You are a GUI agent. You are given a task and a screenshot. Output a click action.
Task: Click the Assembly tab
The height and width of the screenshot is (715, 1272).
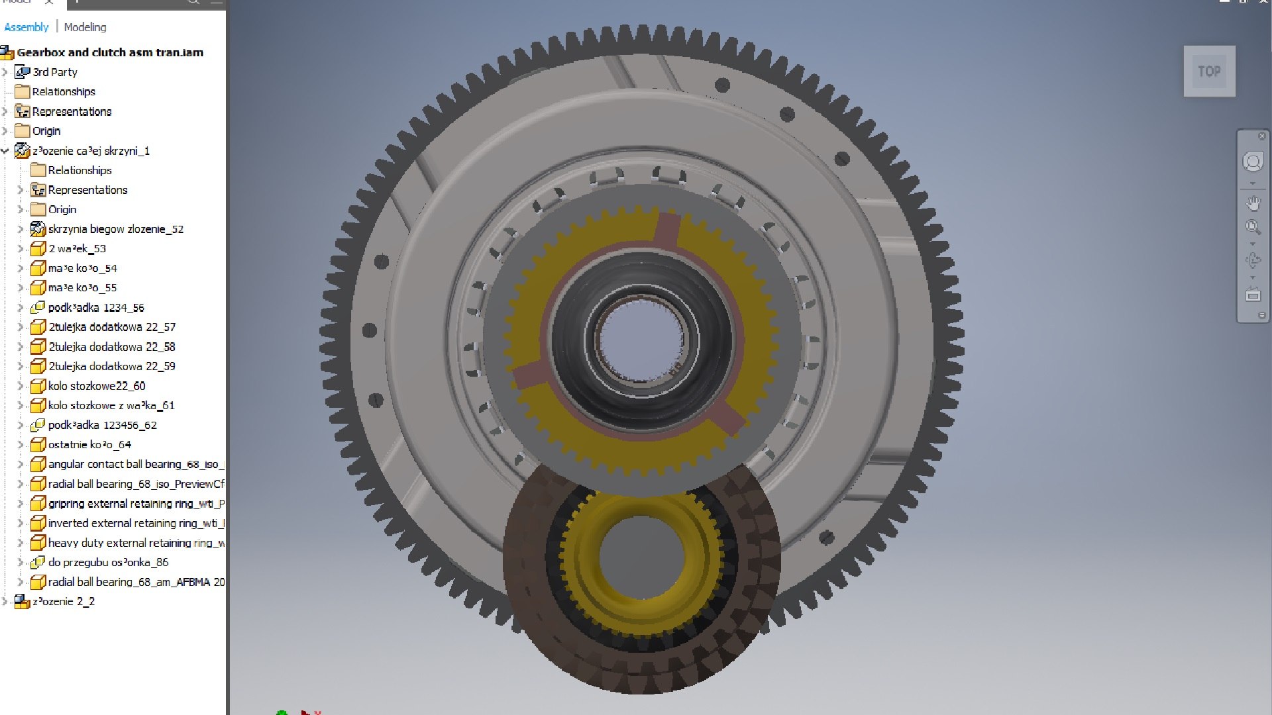pos(26,27)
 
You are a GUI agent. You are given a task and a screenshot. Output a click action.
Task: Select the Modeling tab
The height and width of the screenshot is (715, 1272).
pos(85,27)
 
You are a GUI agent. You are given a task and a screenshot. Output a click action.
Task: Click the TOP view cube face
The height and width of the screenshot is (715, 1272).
pos(1208,71)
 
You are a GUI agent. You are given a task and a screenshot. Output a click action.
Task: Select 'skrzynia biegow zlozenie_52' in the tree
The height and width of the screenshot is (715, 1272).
pos(115,229)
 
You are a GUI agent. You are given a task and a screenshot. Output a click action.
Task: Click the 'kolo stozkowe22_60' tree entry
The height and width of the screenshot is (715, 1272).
pos(96,386)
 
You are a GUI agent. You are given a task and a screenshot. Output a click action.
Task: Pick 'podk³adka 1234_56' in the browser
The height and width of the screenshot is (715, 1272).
pos(95,308)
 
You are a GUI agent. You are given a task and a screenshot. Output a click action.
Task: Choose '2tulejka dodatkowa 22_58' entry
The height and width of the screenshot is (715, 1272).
pos(111,347)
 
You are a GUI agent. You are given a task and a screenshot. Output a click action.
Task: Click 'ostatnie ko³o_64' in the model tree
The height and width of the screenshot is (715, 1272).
pos(89,445)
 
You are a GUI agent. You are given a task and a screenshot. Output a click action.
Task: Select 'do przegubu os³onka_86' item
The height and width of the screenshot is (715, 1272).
pos(108,563)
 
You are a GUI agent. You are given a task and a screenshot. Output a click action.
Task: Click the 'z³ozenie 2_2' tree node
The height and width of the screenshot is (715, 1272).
pos(64,602)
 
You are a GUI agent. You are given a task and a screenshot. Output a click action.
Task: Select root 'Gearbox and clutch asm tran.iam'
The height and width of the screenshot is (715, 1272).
pos(110,52)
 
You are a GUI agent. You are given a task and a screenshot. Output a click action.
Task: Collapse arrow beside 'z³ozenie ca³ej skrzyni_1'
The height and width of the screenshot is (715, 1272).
pos(5,151)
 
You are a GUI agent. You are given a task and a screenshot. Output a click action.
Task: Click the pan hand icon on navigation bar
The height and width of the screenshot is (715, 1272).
pos(1253,203)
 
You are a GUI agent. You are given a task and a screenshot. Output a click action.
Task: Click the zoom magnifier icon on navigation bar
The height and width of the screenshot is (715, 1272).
pos(1253,228)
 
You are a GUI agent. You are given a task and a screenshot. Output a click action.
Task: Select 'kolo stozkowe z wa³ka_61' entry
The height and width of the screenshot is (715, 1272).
pos(111,406)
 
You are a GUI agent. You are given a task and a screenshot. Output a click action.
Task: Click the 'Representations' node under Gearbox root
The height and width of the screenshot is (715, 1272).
pos(72,112)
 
